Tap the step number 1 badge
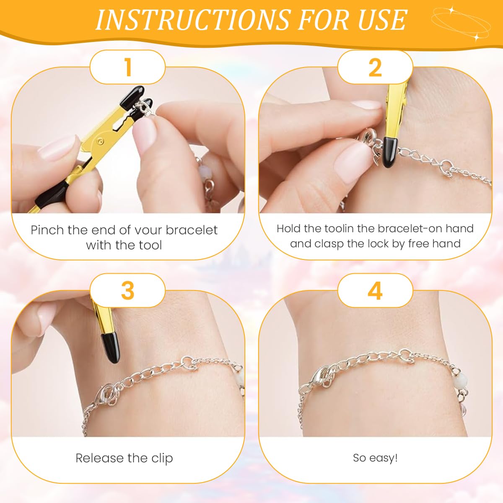tap(128, 67)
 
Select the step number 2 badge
tap(375, 67)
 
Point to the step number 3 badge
tap(128, 290)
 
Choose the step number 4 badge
tap(375, 290)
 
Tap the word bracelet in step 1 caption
tap(192, 230)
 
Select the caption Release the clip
tap(124, 458)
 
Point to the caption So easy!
tap(375, 458)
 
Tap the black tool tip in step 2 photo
tap(390, 151)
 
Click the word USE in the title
tap(382, 19)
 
